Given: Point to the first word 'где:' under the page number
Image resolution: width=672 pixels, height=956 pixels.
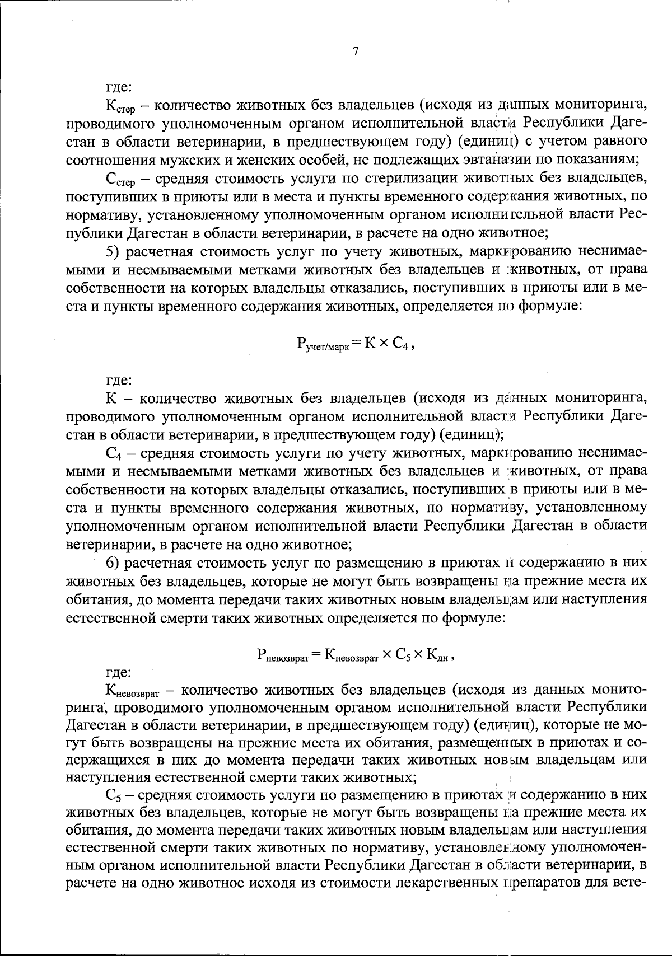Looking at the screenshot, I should click(x=119, y=87).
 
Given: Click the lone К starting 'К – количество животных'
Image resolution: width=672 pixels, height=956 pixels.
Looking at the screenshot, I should click(x=111, y=399).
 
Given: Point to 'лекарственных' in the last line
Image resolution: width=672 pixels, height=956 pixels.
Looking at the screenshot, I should click(x=445, y=884).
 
